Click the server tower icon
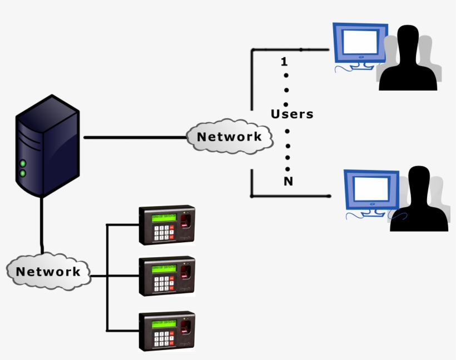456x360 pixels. [47, 146]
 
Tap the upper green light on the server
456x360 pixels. [23, 163]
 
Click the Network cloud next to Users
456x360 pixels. [229, 137]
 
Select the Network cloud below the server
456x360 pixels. [48, 272]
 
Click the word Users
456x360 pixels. [292, 114]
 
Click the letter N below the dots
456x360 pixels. [288, 182]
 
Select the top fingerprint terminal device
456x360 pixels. [167, 225]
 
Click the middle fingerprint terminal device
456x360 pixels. [167, 276]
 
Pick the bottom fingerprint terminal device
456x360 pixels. [167, 331]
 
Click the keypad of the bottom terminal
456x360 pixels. [161, 338]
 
